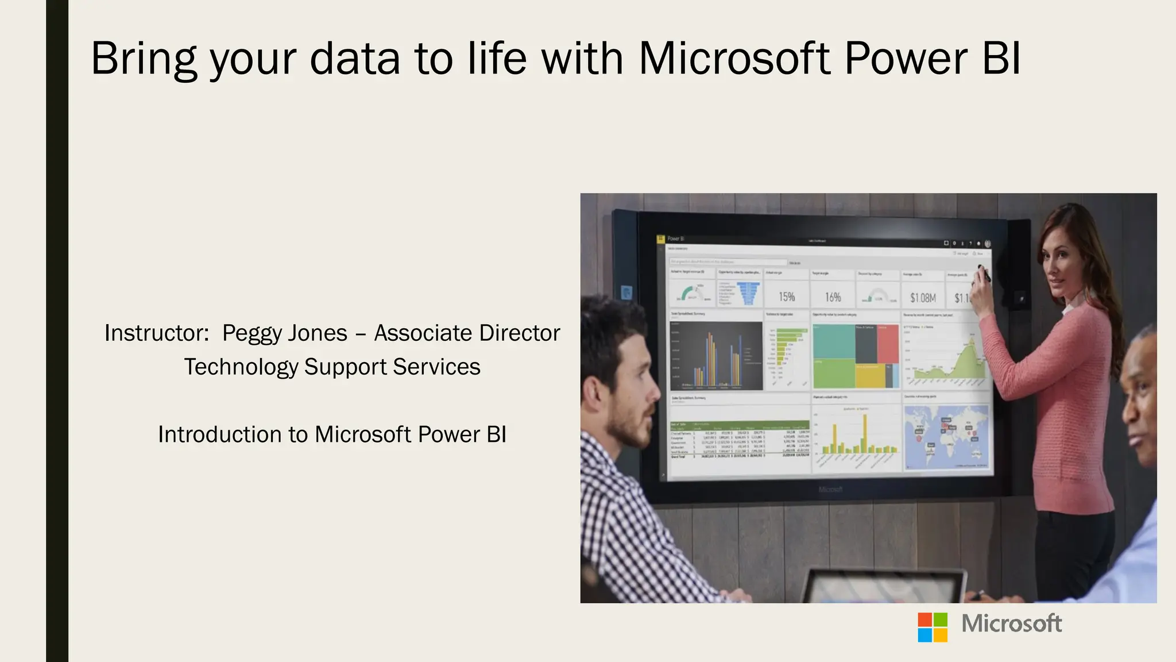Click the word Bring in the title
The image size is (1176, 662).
point(144,59)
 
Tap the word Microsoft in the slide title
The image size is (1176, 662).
point(734,59)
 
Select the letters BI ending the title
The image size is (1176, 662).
point(1001,59)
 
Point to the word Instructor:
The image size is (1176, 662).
point(157,333)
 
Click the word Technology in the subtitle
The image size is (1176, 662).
point(241,367)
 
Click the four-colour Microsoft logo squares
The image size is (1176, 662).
point(932,627)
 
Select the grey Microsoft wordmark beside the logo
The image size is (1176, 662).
point(1011,624)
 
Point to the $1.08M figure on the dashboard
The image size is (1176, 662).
point(922,298)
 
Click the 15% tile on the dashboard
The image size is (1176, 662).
point(787,297)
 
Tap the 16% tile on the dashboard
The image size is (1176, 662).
point(833,297)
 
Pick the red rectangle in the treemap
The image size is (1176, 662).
point(888,344)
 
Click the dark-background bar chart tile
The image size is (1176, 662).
point(716,356)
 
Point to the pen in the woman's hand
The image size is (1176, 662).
point(984,274)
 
